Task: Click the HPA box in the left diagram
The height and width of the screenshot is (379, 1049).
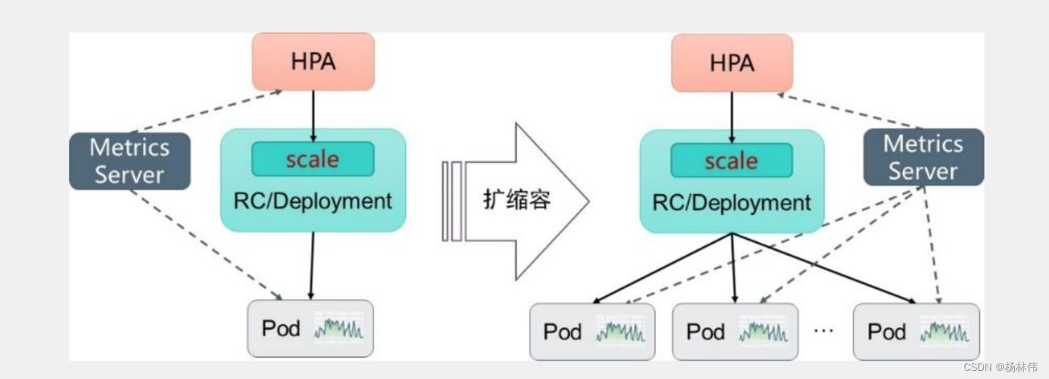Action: pyautogui.click(x=313, y=61)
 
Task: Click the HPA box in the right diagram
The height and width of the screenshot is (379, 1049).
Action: pyautogui.click(x=731, y=63)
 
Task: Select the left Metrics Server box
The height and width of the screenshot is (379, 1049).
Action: pyautogui.click(x=129, y=161)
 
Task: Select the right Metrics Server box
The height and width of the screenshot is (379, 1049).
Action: pyautogui.click(x=923, y=157)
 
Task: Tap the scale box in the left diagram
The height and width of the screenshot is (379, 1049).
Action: pyautogui.click(x=313, y=159)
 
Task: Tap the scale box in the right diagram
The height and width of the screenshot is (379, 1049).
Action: pyautogui.click(x=731, y=161)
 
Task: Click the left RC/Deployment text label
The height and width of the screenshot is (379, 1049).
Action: pyautogui.click(x=313, y=201)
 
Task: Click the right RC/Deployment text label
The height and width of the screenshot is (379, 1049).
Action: pyautogui.click(x=731, y=203)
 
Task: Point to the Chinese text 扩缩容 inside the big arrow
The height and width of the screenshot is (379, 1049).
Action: pyautogui.click(x=517, y=200)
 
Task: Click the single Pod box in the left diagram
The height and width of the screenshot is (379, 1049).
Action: pyautogui.click(x=310, y=328)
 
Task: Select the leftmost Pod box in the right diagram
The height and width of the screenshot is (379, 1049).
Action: pyautogui.click(x=592, y=332)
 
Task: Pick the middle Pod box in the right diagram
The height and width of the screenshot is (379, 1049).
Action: pyautogui.click(x=735, y=332)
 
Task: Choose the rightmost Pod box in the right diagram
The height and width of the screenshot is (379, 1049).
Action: pyautogui.click(x=916, y=332)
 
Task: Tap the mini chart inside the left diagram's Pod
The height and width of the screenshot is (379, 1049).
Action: pyautogui.click(x=339, y=328)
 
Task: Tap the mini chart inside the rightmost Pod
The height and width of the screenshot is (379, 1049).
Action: pyautogui.click(x=944, y=332)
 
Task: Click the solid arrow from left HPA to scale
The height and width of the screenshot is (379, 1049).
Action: pyautogui.click(x=313, y=115)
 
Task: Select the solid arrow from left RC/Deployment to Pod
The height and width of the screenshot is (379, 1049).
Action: pyautogui.click(x=312, y=265)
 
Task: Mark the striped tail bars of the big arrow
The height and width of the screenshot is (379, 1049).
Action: pyautogui.click(x=451, y=201)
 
